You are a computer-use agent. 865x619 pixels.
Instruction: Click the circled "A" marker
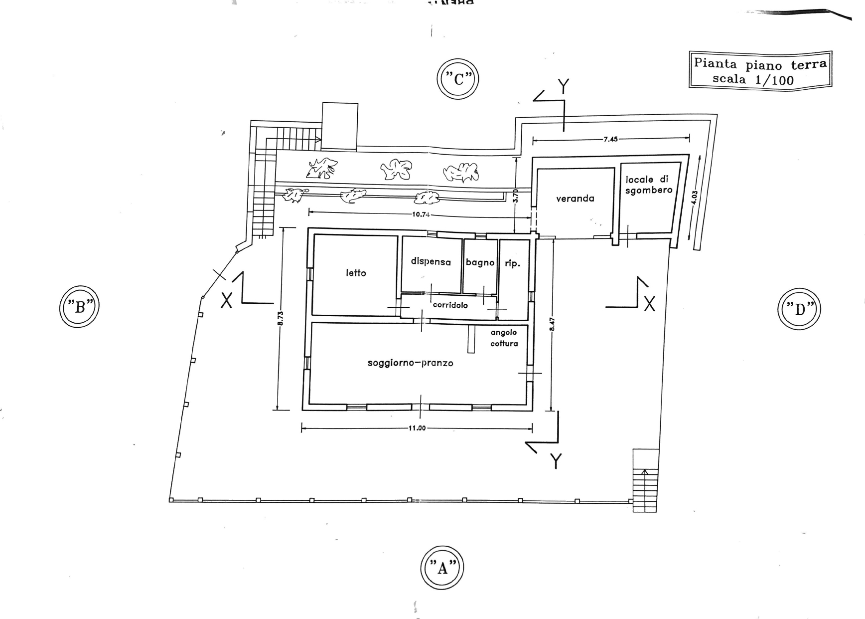click(442, 568)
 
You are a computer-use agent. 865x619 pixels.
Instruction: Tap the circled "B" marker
click(79, 307)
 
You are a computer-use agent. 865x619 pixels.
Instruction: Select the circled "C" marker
click(458, 79)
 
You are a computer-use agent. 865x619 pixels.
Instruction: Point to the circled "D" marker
click(799, 309)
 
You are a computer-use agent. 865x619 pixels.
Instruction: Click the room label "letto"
click(356, 273)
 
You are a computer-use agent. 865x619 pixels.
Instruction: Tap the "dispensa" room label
click(431, 261)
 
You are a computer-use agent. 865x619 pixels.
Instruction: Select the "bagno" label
click(480, 262)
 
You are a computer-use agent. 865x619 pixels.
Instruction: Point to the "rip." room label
click(512, 263)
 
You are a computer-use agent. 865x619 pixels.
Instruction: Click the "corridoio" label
click(450, 305)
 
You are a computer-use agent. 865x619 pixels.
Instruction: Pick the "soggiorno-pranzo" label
click(410, 363)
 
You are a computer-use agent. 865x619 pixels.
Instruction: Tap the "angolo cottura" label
click(504, 338)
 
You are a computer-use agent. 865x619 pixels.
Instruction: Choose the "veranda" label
click(575, 199)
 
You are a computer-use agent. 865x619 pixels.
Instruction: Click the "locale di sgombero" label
click(648, 185)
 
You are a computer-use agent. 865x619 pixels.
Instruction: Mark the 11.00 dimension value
click(417, 428)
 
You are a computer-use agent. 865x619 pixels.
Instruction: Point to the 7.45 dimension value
click(610, 139)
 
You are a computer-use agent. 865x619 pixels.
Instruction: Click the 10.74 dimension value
click(421, 214)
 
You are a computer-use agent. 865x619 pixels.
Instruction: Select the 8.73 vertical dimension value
click(281, 318)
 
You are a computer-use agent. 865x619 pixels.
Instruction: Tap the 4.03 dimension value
click(695, 197)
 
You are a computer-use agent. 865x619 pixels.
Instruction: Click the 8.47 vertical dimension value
click(552, 325)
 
